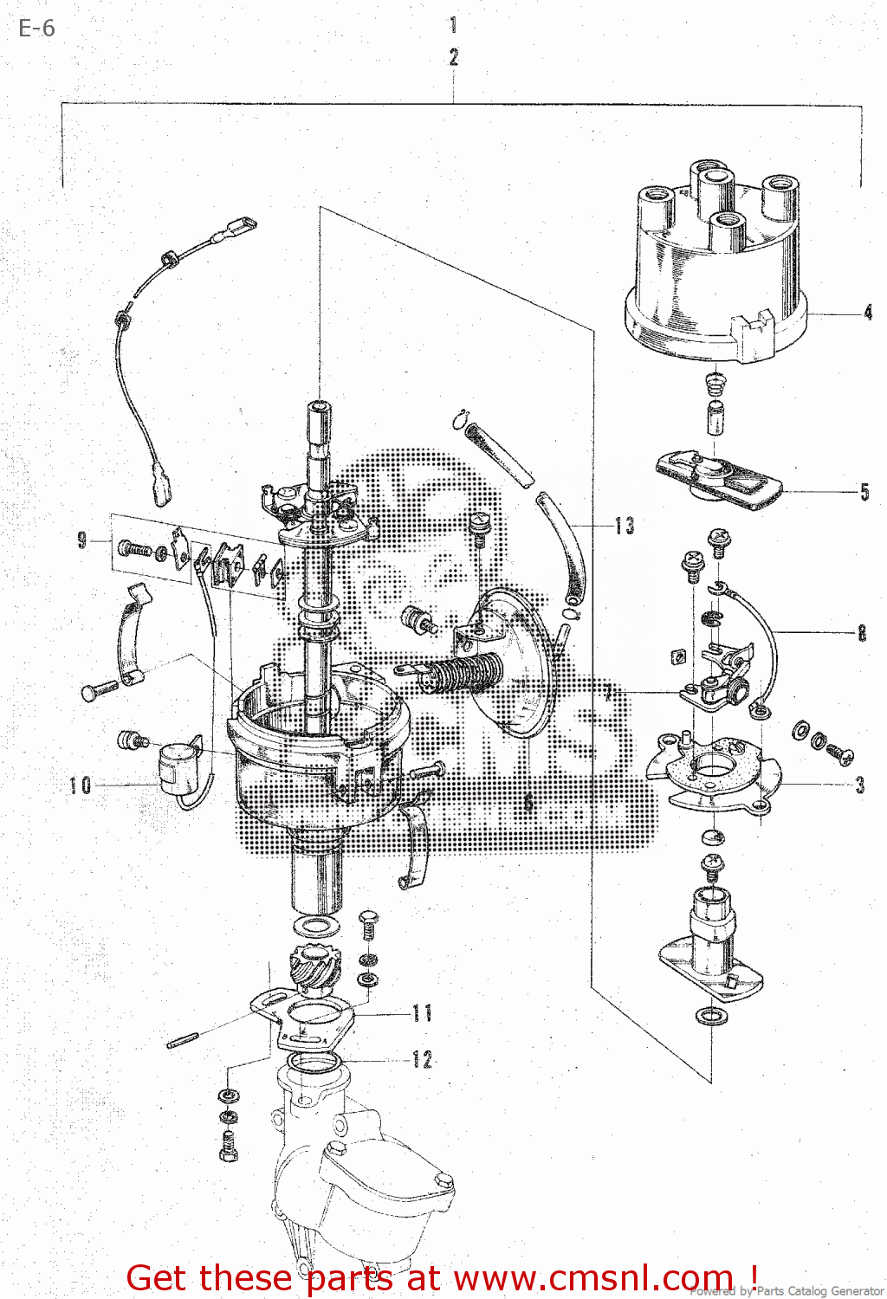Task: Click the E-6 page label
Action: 36,29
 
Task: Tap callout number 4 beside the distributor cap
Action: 868,313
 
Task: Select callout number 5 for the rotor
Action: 864,492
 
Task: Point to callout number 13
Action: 625,526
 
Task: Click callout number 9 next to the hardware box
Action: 82,540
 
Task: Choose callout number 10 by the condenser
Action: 81,785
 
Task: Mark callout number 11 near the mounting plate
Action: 423,1012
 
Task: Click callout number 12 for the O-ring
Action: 423,1059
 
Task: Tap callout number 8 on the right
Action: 862,633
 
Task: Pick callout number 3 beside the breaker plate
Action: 859,785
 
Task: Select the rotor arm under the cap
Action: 719,478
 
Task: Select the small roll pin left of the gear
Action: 184,1040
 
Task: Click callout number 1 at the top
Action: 453,24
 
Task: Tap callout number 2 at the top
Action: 453,57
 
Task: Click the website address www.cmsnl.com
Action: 593,1278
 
